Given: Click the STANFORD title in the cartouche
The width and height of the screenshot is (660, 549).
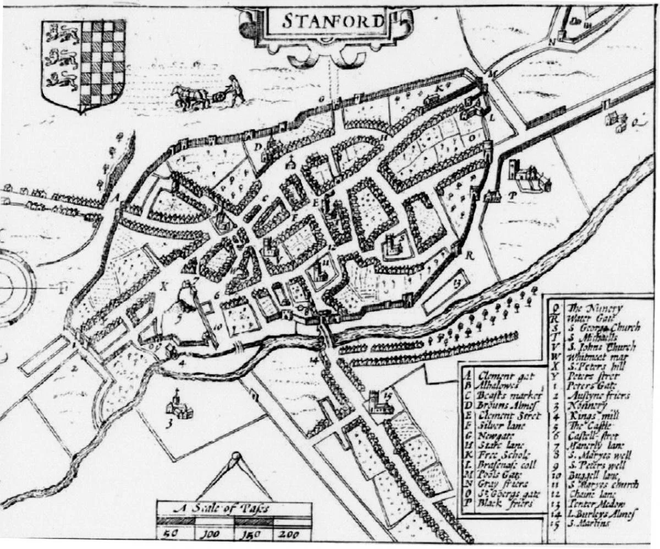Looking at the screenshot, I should click(333, 21).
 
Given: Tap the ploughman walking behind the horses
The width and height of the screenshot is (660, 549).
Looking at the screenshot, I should click(235, 89).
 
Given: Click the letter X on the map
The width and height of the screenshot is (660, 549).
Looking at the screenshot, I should click(163, 286).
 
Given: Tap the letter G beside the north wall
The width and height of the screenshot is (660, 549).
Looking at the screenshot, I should click(320, 98).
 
